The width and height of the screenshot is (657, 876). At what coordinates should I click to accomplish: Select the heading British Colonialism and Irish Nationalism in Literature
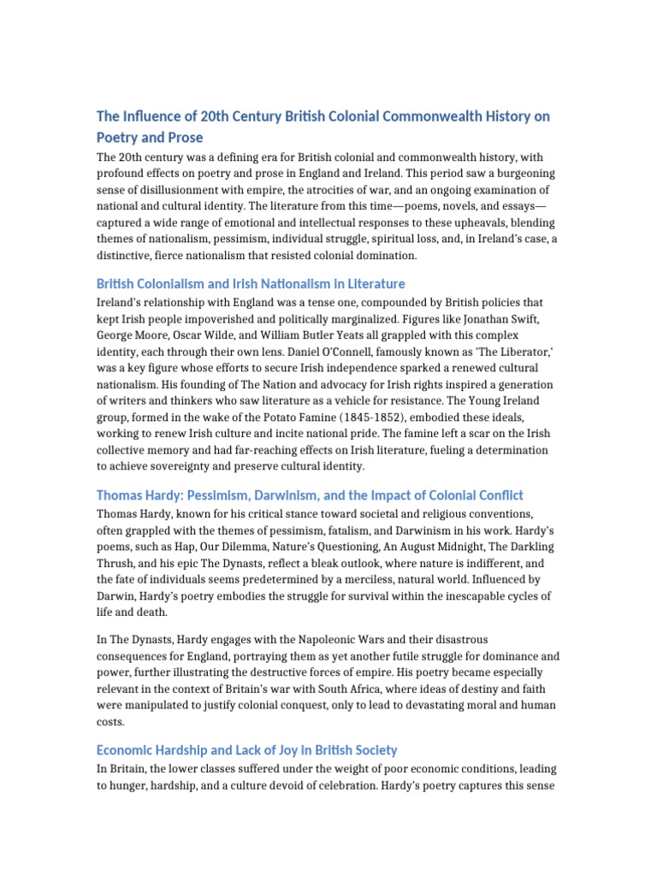[x=251, y=283]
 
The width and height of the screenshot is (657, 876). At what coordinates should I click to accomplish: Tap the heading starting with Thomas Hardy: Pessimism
[x=310, y=495]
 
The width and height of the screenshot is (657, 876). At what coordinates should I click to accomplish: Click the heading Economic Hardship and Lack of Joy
[x=246, y=749]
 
